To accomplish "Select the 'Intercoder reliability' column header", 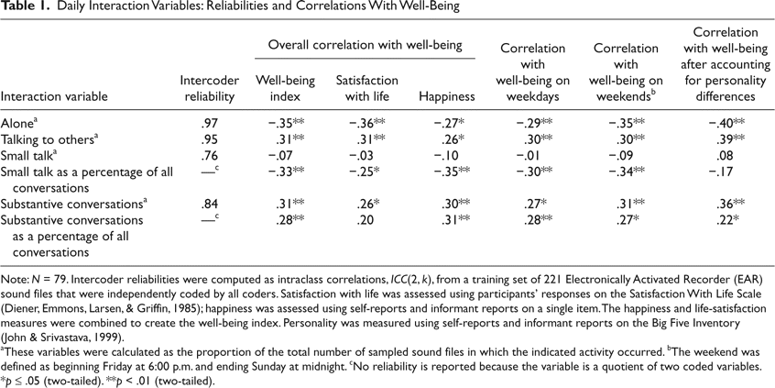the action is tap(211, 88).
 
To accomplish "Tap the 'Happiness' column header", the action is tap(447, 96).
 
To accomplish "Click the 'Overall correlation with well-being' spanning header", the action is tap(366, 45).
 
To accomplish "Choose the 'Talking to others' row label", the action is tap(49, 140).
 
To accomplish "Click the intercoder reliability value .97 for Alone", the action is tap(210, 125).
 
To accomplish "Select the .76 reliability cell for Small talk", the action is tap(210, 156).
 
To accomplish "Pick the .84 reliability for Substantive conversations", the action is tap(210, 204).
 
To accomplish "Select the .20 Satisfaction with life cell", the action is tap(364, 220).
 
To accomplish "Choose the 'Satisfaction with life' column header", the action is tap(364, 88).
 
